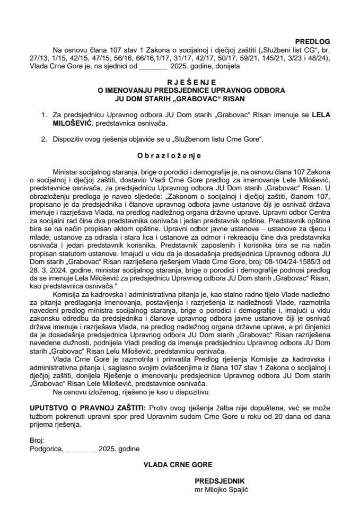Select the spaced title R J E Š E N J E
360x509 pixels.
180,83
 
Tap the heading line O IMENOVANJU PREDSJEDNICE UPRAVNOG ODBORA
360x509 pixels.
180,91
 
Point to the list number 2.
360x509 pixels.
44,139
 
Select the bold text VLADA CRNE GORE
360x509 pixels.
178,464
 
